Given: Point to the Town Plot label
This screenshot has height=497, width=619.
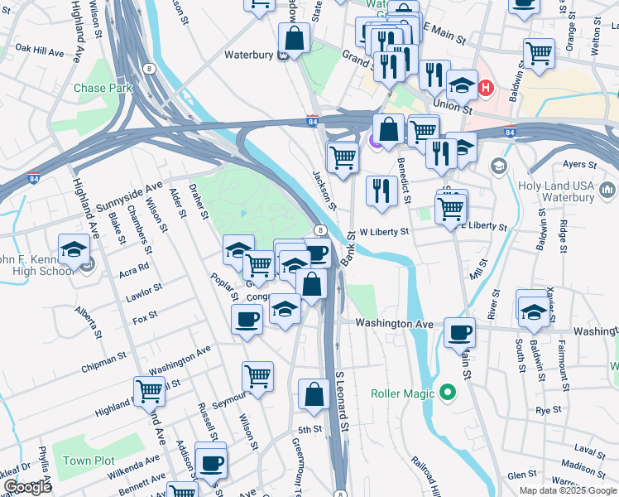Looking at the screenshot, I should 89,461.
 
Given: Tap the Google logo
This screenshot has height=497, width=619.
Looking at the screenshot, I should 27,487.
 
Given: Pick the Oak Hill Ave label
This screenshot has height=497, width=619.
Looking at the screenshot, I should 38,51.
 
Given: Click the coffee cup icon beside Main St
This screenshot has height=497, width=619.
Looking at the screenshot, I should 460,333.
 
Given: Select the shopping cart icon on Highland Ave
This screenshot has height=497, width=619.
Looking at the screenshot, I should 150,390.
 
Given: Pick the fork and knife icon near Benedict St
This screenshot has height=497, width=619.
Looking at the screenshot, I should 381,190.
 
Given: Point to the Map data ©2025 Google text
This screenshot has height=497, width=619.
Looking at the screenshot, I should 567,490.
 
